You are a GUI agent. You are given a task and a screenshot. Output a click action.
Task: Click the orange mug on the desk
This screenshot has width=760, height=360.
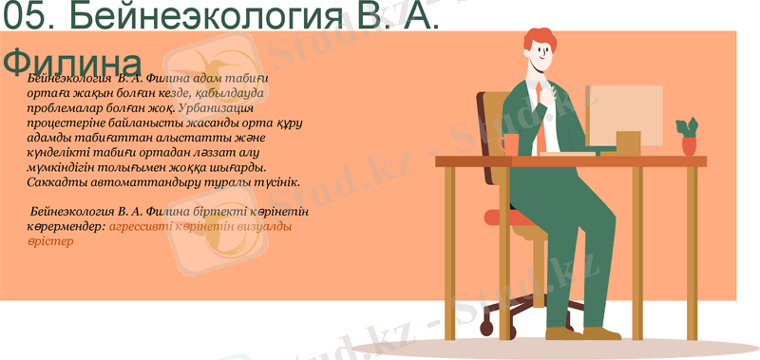(510, 144)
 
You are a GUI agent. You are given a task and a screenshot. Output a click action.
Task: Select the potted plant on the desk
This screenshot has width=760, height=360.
(688, 136)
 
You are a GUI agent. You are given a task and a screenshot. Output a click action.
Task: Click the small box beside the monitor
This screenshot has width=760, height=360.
(628, 142)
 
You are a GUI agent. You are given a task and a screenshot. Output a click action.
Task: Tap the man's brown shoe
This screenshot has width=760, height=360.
(600, 333)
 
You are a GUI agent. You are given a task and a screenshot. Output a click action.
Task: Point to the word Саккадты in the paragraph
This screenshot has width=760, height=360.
(56, 180)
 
